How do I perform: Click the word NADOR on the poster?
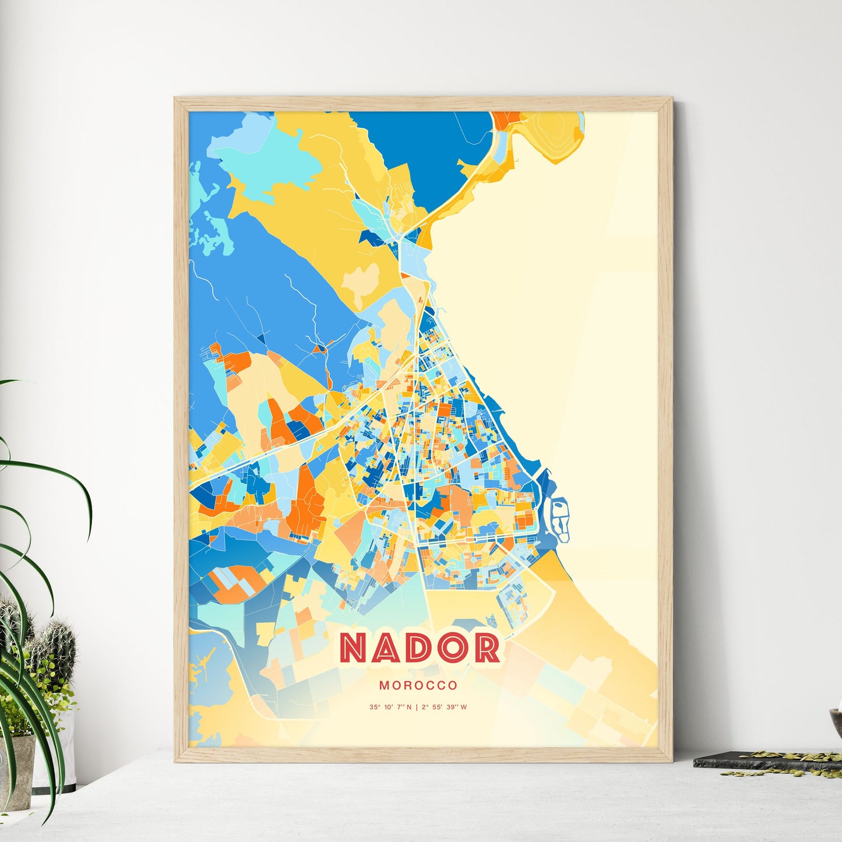pyautogui.click(x=420, y=648)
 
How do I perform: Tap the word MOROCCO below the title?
pyautogui.click(x=418, y=685)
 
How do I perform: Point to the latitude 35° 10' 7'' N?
pyautogui.click(x=390, y=707)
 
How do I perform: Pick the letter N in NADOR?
pyautogui.click(x=354, y=648)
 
